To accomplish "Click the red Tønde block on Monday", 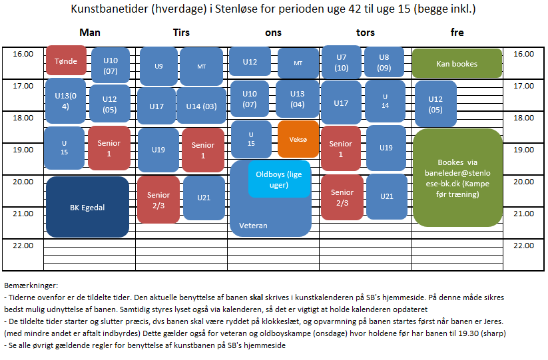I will (x=66, y=61).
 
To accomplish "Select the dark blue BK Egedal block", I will (x=87, y=207).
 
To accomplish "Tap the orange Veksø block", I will (x=298, y=139).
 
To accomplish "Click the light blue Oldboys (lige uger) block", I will (x=280, y=179).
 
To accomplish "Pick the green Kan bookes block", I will (x=457, y=64).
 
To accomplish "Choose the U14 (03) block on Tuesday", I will (x=201, y=106).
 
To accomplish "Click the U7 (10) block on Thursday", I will (x=342, y=63).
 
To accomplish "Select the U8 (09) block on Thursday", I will (x=384, y=63).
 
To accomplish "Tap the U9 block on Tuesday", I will (x=158, y=66).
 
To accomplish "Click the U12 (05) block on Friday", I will (x=435, y=104).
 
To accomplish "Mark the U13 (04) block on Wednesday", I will (x=297, y=99).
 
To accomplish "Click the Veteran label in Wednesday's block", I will (x=253, y=226).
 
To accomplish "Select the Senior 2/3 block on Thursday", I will (x=342, y=198).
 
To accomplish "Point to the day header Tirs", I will (x=181, y=33).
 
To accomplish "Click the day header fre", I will (x=457, y=33).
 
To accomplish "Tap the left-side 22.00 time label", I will (x=23, y=246).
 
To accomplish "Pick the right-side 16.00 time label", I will (x=524, y=54).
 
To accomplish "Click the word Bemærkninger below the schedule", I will (x=31, y=284).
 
